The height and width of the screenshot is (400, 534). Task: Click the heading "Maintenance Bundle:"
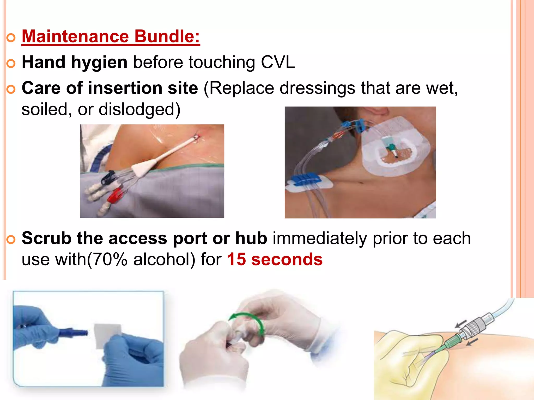[111, 36]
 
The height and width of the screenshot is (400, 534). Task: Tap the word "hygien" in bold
[99, 63]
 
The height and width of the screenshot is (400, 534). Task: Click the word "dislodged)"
[139, 109]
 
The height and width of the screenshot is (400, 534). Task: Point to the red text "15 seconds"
[275, 260]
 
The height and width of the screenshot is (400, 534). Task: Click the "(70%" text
[107, 260]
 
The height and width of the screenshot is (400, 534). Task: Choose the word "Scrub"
[46, 238]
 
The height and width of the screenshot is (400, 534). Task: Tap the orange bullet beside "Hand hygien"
[11, 64]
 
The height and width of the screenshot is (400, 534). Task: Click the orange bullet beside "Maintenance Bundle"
[11, 38]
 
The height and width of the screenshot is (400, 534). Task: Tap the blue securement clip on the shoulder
[302, 179]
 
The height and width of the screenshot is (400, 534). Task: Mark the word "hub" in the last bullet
[251, 238]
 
